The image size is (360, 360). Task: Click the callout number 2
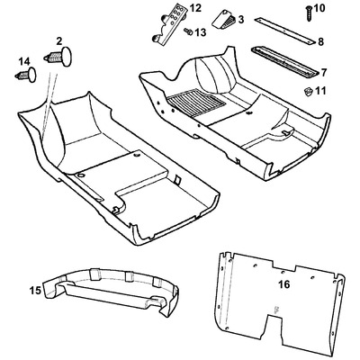point(59,40)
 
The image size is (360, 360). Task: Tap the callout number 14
point(24,62)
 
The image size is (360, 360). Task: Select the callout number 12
point(195,8)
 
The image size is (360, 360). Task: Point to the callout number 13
point(201,32)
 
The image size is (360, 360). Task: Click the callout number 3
point(241,20)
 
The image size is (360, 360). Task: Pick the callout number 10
point(319,8)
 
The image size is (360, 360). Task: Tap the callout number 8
point(320,41)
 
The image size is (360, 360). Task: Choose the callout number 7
point(324,72)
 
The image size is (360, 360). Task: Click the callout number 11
point(320,91)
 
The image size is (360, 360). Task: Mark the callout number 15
point(35,291)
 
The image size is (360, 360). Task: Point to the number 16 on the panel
point(284,284)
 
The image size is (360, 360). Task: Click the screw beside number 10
point(309,13)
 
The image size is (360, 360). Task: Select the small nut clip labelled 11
point(308,92)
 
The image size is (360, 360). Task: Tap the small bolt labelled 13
point(188,31)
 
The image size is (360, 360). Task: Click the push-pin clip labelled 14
point(26,75)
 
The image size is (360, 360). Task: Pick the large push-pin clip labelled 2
point(59,56)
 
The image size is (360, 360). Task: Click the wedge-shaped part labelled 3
point(224,20)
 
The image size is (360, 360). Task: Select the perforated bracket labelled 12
point(169,24)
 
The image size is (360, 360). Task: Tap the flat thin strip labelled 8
point(285,31)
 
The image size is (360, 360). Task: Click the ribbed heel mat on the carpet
point(196,103)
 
